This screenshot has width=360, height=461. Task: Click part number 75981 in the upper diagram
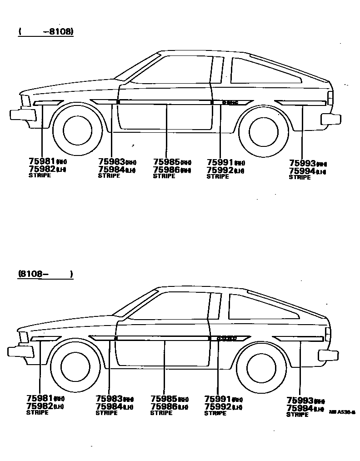tap(41, 161)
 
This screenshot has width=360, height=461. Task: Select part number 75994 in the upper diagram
tap(302, 171)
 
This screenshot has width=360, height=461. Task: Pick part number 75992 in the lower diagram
tap(218, 406)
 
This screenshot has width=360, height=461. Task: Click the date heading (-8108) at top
tap(46, 32)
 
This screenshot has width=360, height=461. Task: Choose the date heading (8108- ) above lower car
tap(45, 274)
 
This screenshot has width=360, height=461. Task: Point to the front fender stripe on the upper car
tap(48, 103)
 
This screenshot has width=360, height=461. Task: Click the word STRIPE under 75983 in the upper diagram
tap(109, 176)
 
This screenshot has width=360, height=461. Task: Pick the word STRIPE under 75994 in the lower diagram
tap(298, 415)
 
